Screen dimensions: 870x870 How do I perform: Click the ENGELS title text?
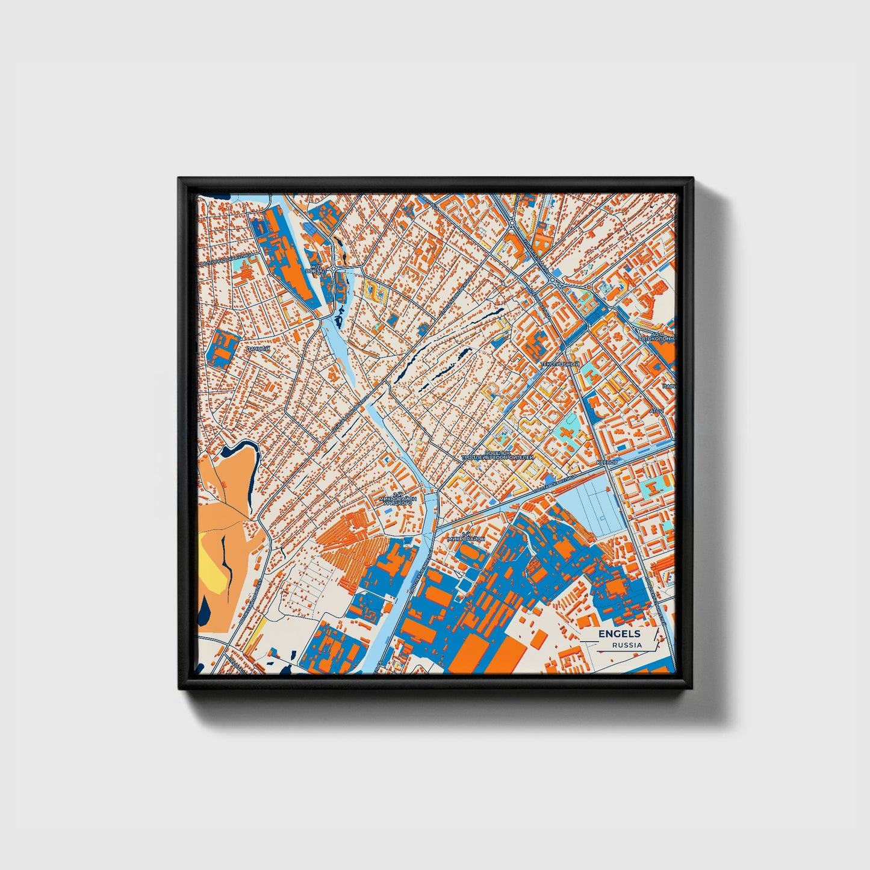[619, 634]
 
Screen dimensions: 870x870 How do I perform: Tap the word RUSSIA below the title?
[626, 645]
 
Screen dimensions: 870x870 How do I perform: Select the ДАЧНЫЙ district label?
[258, 349]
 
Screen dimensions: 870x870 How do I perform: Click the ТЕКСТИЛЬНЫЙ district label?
[559, 364]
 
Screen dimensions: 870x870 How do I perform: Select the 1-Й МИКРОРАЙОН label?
[466, 538]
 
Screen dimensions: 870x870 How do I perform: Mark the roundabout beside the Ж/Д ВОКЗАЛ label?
[334, 268]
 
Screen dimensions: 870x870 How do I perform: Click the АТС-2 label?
[656, 411]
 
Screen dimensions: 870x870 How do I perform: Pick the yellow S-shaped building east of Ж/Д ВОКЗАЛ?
[379, 293]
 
